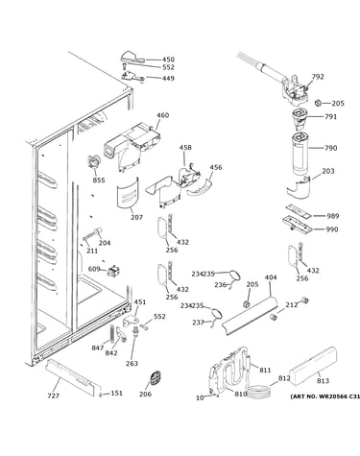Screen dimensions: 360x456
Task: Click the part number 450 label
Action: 168,60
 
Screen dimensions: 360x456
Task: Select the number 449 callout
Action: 168,78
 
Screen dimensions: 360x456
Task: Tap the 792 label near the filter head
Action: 318,77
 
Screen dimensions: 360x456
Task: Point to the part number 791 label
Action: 330,117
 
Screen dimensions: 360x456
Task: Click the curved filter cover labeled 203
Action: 299,187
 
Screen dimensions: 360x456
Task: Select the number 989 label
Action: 332,216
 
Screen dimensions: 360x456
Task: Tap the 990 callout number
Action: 331,229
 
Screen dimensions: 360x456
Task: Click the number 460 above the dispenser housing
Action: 162,115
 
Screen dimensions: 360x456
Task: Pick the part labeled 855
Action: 93,162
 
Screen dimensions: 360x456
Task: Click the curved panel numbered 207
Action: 128,194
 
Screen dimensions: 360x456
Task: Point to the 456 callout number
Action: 216,167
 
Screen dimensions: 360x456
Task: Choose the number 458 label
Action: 185,148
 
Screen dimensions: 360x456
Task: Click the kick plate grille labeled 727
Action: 71,377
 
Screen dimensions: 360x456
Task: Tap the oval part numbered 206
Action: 156,378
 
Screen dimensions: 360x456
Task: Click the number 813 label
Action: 323,381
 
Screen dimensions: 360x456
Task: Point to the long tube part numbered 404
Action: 251,316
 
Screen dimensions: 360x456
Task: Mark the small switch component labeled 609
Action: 112,272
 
